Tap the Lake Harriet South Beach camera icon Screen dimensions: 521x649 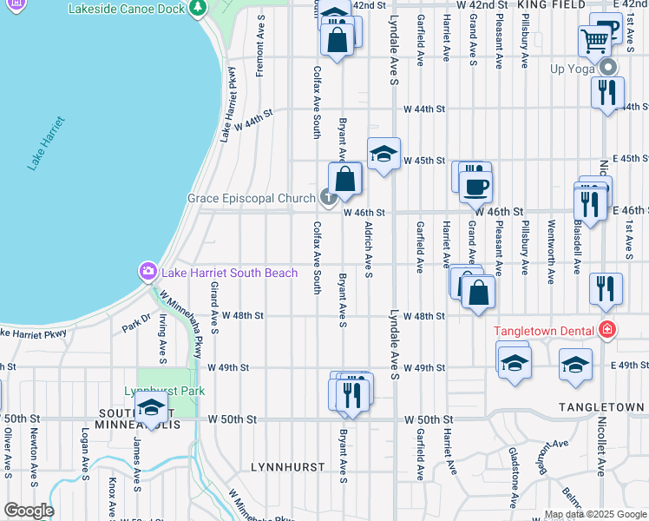point(147,273)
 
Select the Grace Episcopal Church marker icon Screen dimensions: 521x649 point(328,199)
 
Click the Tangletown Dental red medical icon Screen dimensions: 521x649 point(606,330)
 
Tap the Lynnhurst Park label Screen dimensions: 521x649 point(164,391)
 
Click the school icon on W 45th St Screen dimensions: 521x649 point(383,155)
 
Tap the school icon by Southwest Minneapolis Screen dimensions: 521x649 point(152,407)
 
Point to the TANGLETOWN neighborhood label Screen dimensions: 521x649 point(601,407)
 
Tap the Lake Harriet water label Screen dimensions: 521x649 point(44,142)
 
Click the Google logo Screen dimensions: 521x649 point(29,511)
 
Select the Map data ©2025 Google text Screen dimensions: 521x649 point(595,515)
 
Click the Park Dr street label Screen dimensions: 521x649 point(135,322)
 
